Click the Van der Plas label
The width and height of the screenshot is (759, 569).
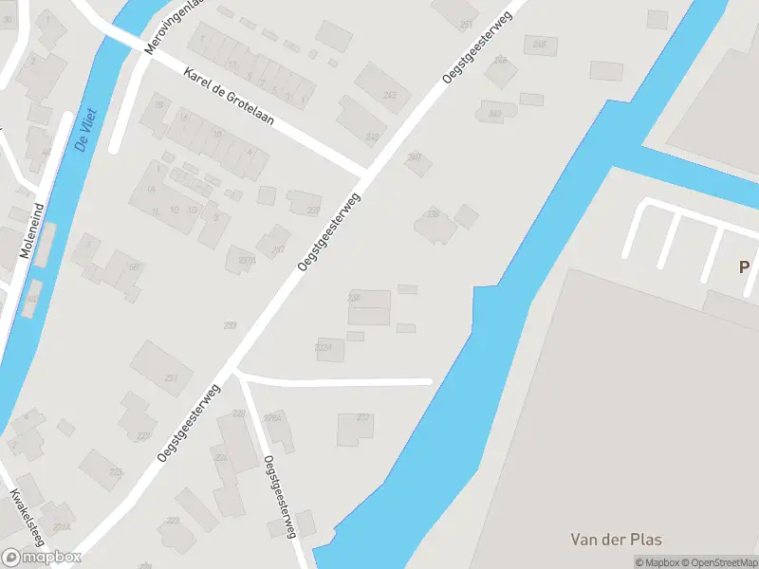pos(617,540)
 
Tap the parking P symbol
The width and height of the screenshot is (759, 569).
pos(745,267)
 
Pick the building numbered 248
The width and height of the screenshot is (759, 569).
pos(539,44)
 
